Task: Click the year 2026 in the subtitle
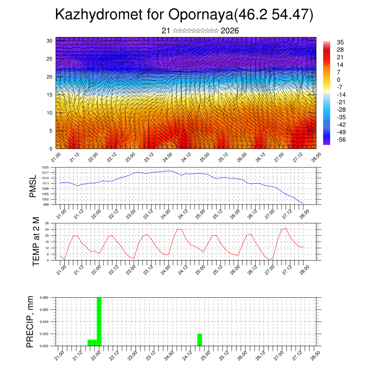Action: coord(230,31)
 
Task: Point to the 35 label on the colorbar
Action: coord(340,42)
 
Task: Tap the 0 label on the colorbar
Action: coord(339,80)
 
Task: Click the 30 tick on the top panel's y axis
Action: coord(49,41)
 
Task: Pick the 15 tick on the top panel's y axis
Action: coord(49,95)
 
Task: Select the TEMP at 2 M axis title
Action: coord(36,242)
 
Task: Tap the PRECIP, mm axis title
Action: coord(31,322)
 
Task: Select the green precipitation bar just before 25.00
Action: coord(199,340)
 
